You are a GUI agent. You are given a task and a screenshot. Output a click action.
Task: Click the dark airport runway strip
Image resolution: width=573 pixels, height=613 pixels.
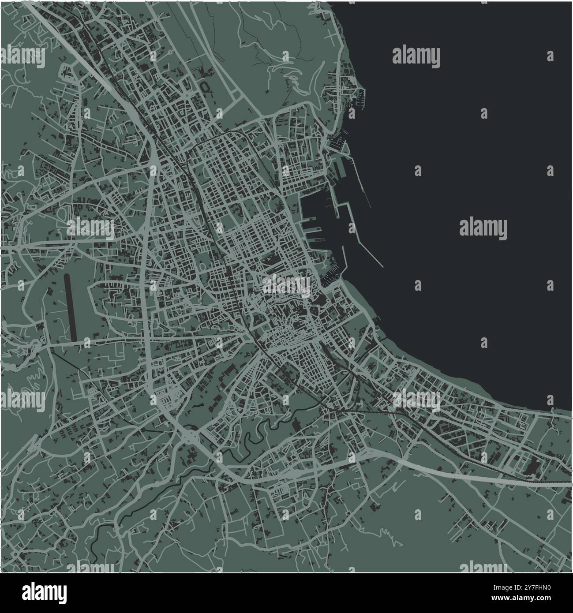point(70,307)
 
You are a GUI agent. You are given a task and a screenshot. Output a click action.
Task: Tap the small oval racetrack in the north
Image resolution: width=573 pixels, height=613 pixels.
point(206,86)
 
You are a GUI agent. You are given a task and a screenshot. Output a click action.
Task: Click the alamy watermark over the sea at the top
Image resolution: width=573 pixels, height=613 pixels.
point(416,56)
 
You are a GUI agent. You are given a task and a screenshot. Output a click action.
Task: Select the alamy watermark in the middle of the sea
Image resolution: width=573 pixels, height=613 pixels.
point(483,228)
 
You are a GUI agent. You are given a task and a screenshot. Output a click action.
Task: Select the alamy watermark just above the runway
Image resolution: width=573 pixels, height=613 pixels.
point(90,228)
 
